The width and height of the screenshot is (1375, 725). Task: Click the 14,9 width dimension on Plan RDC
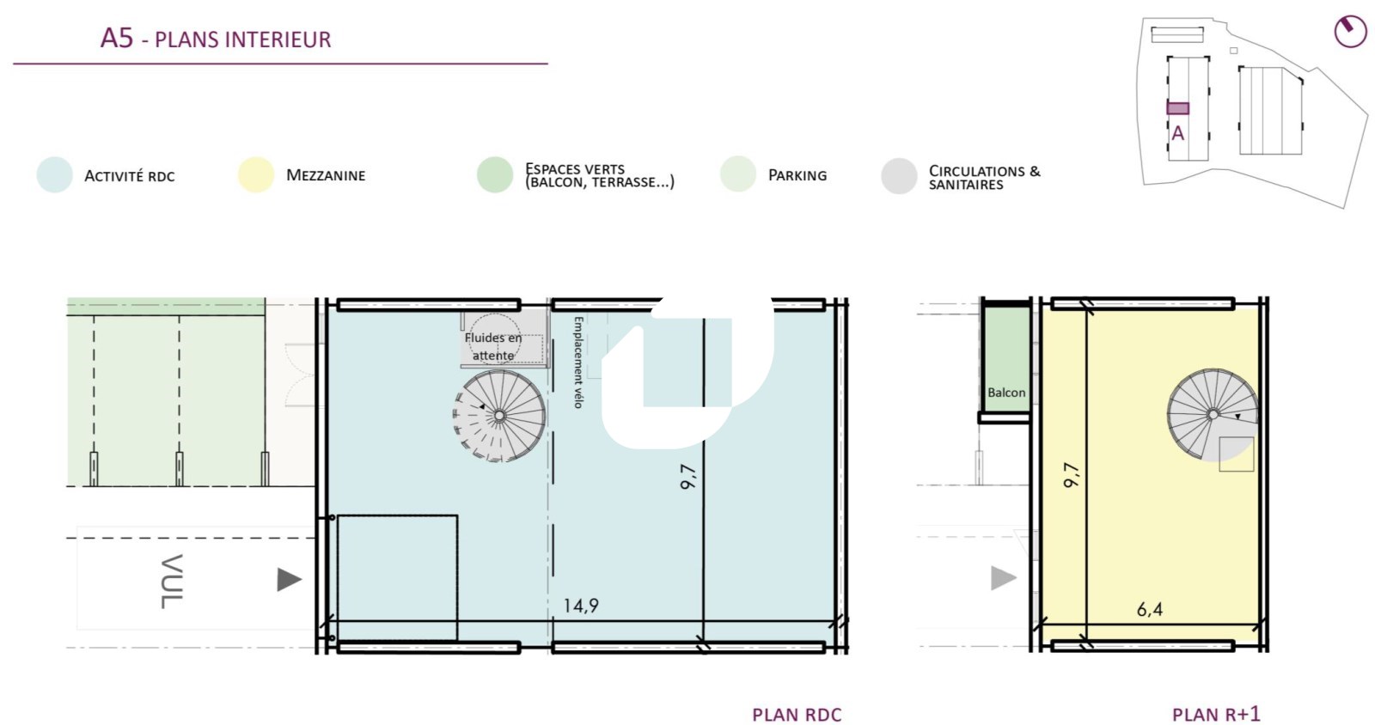click(x=581, y=606)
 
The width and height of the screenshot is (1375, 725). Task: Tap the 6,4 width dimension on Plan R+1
click(x=1149, y=609)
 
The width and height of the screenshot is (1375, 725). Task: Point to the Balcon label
click(x=1006, y=393)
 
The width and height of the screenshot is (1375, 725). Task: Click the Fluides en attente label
click(x=493, y=346)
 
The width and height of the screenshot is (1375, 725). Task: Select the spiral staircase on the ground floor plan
click(x=499, y=415)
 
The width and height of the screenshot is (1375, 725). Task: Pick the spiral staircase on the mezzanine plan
click(x=1213, y=415)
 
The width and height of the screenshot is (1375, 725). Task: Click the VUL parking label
click(x=171, y=582)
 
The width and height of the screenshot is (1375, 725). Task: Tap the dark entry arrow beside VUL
click(x=289, y=580)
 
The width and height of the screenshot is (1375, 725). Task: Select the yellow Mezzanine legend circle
click(x=256, y=175)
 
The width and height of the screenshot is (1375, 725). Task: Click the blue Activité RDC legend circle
click(x=55, y=175)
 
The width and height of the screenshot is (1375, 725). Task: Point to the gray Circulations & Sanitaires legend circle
click(x=899, y=176)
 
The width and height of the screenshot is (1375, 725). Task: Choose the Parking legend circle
click(x=738, y=174)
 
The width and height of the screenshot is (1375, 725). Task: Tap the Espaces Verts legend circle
click(x=495, y=175)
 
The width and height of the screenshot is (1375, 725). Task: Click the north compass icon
click(x=1350, y=31)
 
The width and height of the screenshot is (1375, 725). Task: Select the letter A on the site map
click(x=1177, y=133)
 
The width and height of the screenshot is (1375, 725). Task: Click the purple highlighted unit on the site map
click(x=1178, y=108)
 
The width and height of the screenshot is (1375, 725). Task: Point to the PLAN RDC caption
click(x=797, y=716)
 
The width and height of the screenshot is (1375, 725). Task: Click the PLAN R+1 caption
click(x=1216, y=715)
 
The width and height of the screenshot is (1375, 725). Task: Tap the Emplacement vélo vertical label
click(x=577, y=362)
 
